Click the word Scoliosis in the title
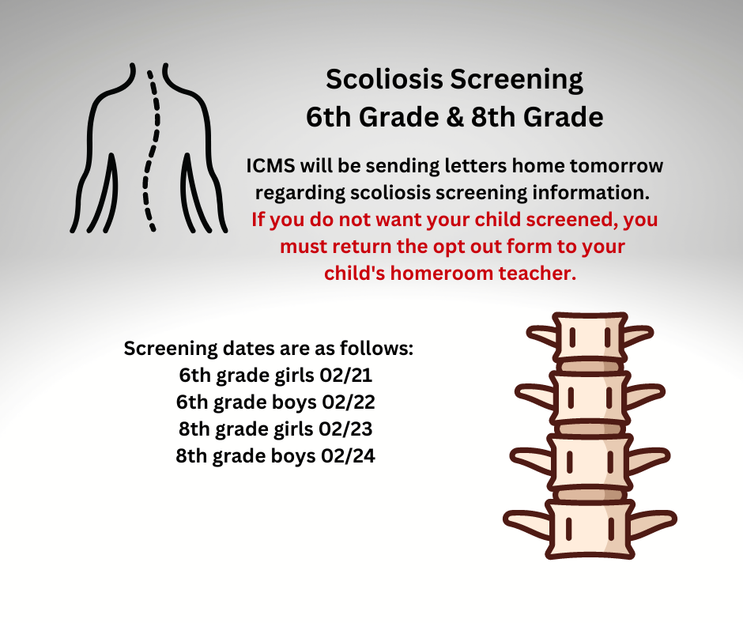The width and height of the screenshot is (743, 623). (384, 79)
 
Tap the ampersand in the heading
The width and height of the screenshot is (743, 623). (454, 117)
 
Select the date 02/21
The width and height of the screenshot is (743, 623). (346, 375)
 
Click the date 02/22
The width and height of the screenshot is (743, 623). (349, 402)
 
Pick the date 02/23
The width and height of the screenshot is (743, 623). (345, 429)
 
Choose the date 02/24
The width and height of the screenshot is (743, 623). (348, 456)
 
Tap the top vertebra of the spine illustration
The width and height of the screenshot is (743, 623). (590, 337)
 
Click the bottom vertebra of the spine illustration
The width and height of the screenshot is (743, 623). (590, 530)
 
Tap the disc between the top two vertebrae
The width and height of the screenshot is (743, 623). (590, 367)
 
